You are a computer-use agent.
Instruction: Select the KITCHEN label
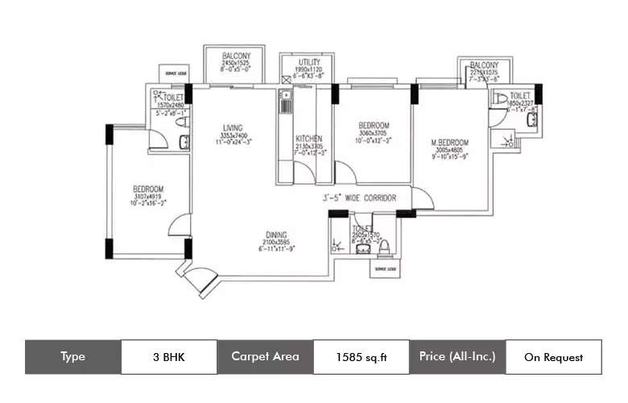[308, 139]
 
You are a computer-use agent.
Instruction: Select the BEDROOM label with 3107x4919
[148, 189]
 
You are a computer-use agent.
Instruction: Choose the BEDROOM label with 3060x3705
[374, 126]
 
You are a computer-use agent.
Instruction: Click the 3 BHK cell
[168, 356]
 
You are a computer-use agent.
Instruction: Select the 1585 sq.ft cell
[361, 356]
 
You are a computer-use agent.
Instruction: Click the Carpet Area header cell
[265, 356]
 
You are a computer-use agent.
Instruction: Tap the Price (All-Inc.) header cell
[457, 356]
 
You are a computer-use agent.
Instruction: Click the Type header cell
[72, 356]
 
